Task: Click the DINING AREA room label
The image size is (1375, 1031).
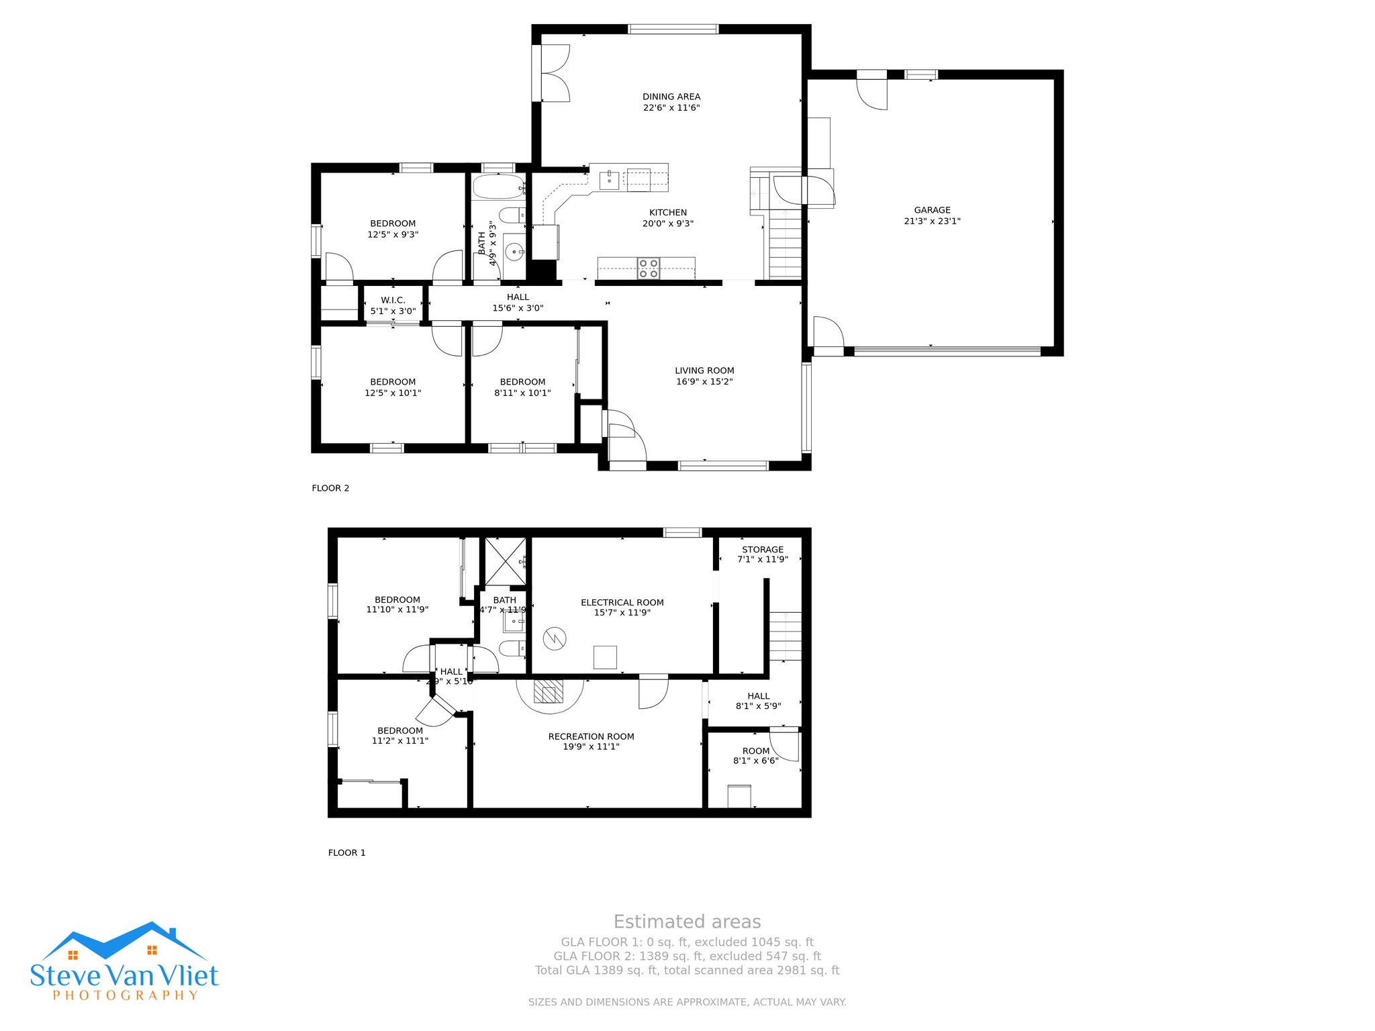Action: click(x=671, y=97)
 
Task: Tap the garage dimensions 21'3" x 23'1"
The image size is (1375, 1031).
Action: click(x=932, y=221)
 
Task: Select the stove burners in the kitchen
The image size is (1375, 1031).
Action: click(x=648, y=268)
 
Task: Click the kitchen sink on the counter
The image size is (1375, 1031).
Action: click(x=609, y=180)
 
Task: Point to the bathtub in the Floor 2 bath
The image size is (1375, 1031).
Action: click(x=497, y=187)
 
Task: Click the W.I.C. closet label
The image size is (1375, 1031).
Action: click(x=393, y=300)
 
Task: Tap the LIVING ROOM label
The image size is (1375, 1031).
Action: click(x=704, y=371)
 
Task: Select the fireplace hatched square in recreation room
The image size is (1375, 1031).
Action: click(x=549, y=691)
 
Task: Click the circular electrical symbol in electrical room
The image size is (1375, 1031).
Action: click(x=555, y=638)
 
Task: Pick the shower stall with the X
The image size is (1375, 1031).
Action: click(x=506, y=561)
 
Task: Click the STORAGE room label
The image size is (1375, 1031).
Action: click(x=763, y=549)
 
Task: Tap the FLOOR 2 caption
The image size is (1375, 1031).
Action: click(x=330, y=488)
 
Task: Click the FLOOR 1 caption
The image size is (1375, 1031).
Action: click(x=346, y=852)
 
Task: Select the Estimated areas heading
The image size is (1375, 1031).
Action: click(x=687, y=922)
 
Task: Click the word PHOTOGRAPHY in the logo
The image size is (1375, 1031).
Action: click(x=126, y=995)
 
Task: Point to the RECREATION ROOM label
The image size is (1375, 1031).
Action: click(x=591, y=736)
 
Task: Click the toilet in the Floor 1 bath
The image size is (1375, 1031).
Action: click(x=512, y=648)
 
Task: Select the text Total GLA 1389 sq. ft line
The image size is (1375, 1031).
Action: click(x=687, y=970)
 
